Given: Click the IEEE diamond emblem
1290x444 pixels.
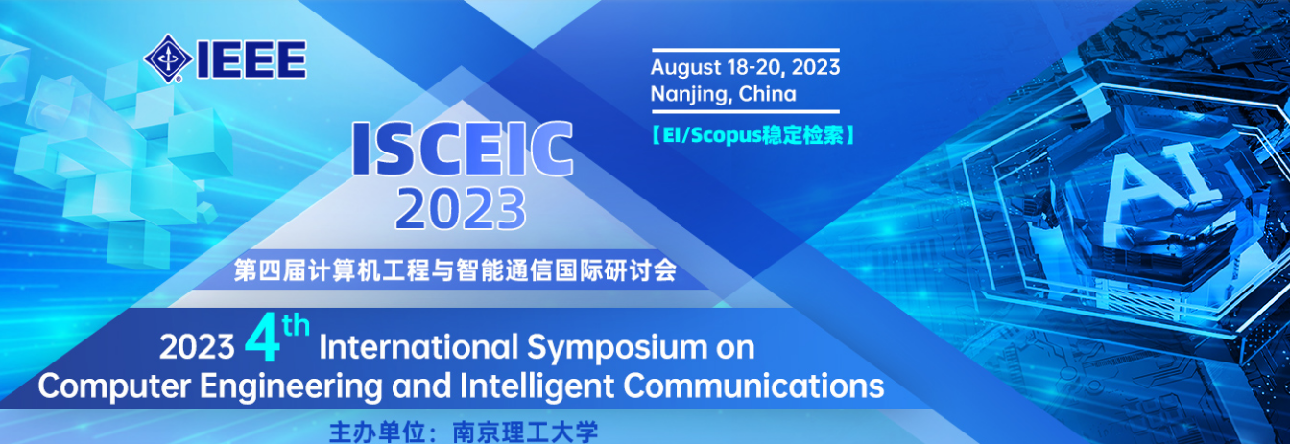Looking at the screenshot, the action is click(x=168, y=58).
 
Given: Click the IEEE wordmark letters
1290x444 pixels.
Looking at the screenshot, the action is click(x=251, y=59).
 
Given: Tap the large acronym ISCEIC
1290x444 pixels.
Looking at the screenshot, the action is click(x=462, y=149).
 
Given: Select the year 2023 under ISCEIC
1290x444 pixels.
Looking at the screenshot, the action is click(x=461, y=208).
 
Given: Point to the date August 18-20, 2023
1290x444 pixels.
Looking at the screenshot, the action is click(x=745, y=68).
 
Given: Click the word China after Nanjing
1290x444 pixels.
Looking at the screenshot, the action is click(x=768, y=94).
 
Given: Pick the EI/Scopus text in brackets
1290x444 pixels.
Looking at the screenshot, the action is click(x=752, y=136).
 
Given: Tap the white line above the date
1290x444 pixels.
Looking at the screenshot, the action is click(x=745, y=51).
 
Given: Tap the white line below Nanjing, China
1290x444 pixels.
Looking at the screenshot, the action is click(x=745, y=111).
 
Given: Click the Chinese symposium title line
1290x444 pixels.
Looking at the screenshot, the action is click(x=455, y=270).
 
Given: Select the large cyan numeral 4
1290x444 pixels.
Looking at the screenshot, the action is click(x=262, y=341).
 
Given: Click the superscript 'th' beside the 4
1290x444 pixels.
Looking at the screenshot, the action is click(x=296, y=326).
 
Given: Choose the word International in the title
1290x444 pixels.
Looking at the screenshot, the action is click(x=418, y=347).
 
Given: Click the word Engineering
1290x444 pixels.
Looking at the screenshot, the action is click(x=291, y=387).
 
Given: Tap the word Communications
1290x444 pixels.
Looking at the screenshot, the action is click(x=753, y=386).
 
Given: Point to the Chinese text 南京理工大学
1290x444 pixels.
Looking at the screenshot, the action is click(x=525, y=432).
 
